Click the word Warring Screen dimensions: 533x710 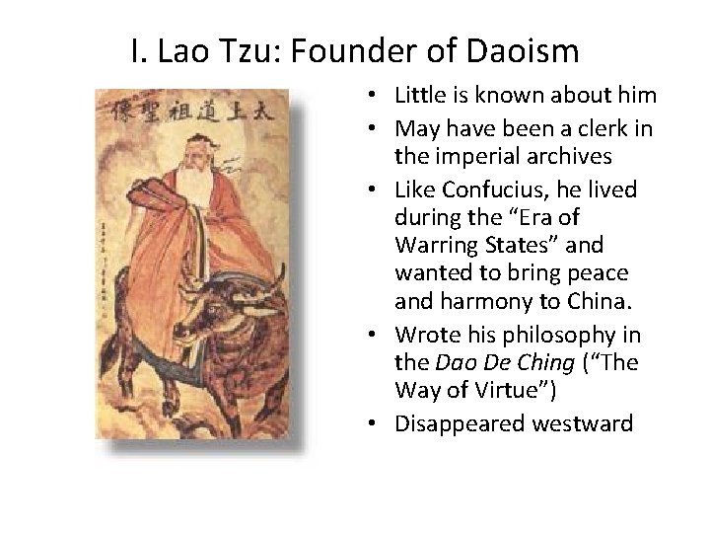[x=438, y=269]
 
